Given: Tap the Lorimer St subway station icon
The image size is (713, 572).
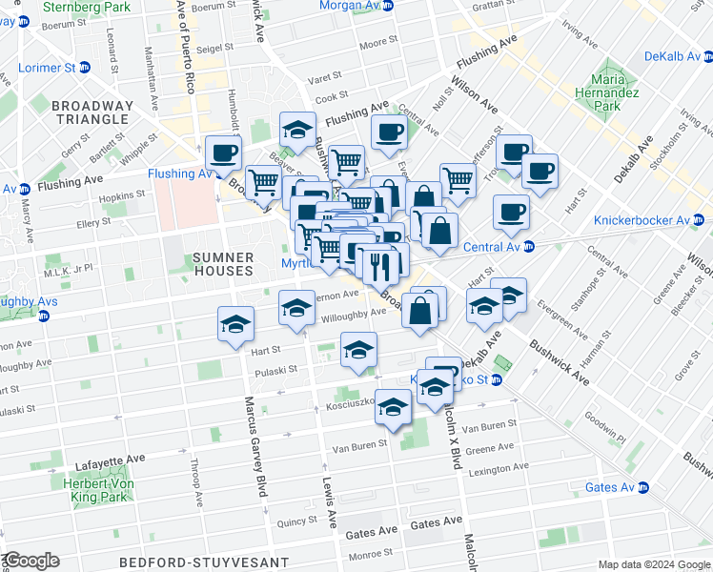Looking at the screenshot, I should point(84,69).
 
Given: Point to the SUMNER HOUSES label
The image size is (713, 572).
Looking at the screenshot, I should point(223,264).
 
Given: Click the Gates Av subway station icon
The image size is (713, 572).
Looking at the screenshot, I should point(642,487).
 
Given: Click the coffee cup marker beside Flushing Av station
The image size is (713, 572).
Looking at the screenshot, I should point(224,153).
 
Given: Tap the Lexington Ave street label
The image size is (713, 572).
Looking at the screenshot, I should point(494,470).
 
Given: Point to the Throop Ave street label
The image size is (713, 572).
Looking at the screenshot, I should point(195,484).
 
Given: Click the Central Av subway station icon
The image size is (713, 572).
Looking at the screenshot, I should point(529,248).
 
